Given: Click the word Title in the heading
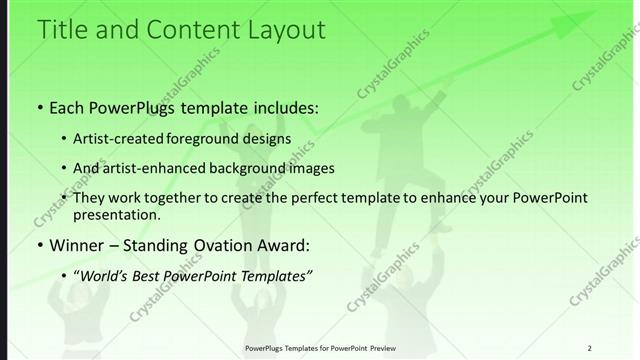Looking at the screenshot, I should click(61, 30).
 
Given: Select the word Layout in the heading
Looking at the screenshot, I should click(281, 30).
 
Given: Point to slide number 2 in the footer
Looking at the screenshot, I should click(589, 348).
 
